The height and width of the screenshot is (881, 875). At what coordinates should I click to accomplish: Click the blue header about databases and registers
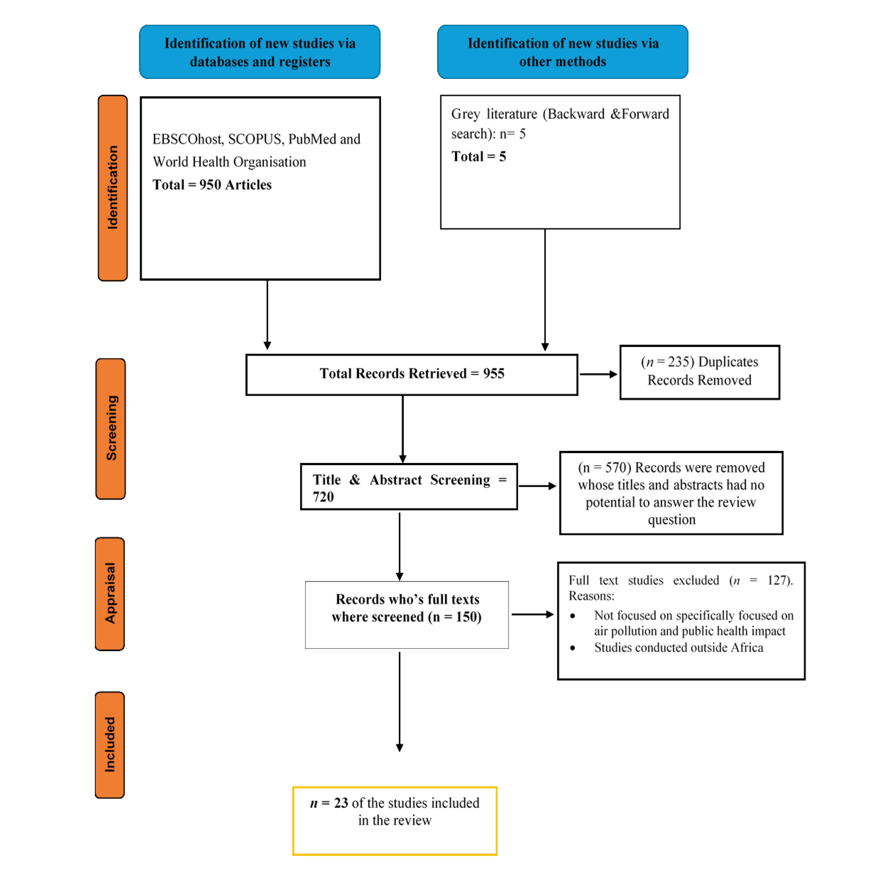[259, 52]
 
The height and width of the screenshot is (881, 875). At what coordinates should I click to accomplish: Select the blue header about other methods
[562, 52]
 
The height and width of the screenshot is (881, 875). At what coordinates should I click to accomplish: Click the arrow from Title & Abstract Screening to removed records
[537, 486]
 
